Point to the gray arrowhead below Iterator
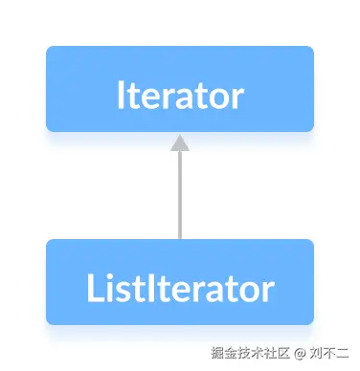[180, 142]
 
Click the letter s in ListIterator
[116, 289]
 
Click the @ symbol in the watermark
[300, 355]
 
